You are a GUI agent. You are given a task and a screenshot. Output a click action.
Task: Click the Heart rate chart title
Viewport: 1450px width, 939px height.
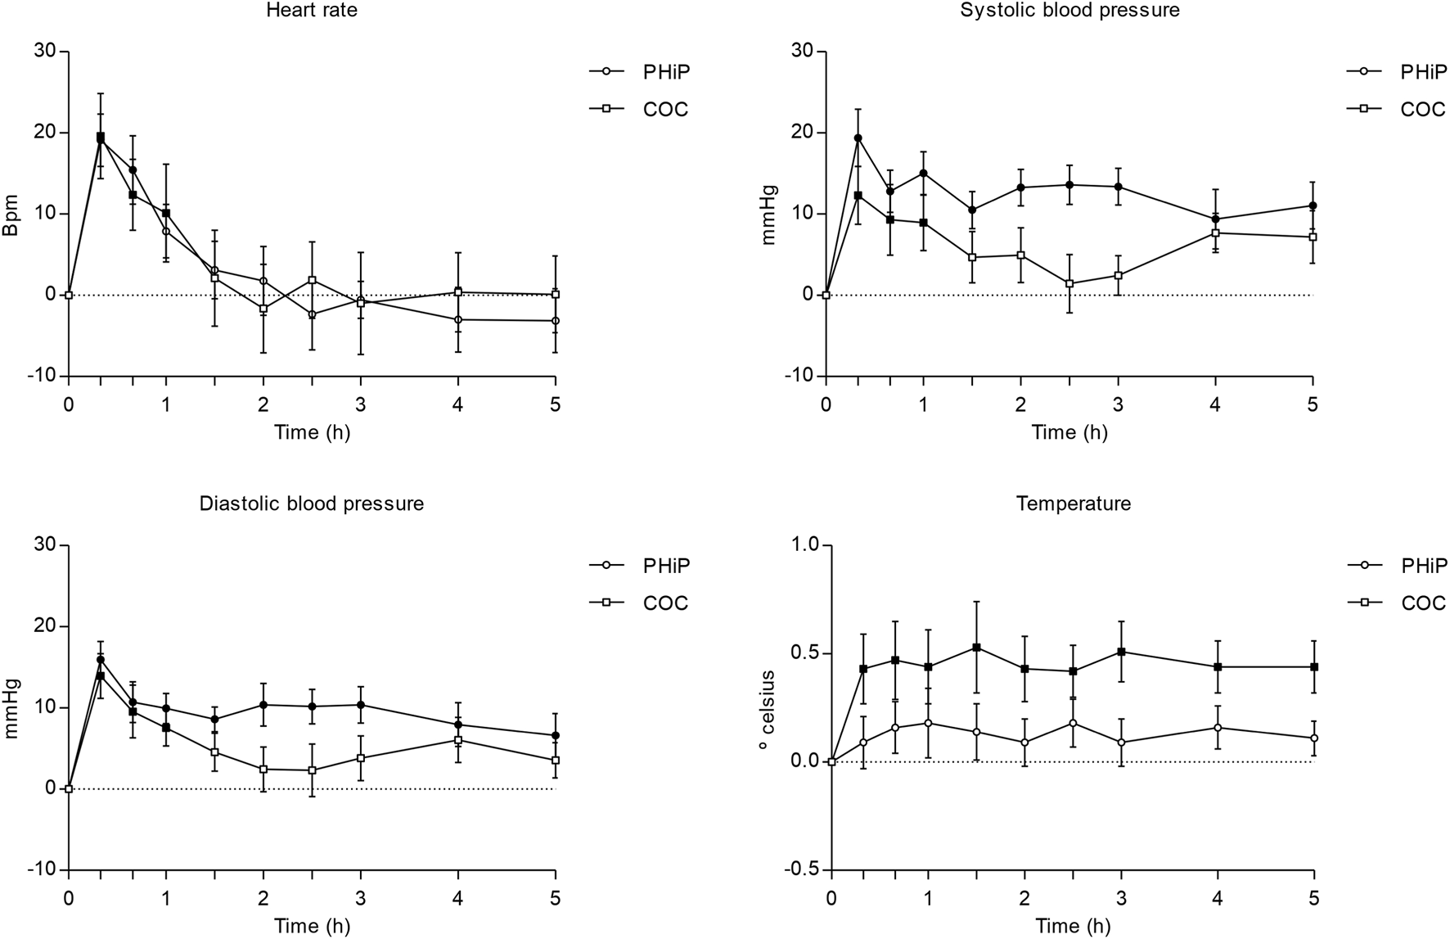pyautogui.click(x=312, y=11)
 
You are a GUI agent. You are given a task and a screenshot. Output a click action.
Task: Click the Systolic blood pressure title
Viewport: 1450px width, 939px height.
pyautogui.click(x=1069, y=11)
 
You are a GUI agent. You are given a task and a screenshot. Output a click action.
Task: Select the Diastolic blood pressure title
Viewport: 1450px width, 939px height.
pyautogui.click(x=312, y=503)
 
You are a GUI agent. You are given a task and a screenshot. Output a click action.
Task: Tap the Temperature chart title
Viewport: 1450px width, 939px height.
pyautogui.click(x=1074, y=503)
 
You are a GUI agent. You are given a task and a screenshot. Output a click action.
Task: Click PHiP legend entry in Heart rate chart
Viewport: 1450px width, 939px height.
pyautogui.click(x=665, y=71)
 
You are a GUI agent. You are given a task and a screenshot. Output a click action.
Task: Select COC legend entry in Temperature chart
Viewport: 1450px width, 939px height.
pyautogui.click(x=1423, y=603)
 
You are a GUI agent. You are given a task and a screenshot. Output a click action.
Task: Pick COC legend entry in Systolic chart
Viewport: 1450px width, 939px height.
pyautogui.click(x=1423, y=109)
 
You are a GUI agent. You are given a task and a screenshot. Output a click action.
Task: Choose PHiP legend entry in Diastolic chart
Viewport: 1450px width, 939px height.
pyautogui.click(x=665, y=566)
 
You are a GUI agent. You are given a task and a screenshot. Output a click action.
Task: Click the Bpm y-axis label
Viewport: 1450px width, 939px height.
pyautogui.click(x=11, y=214)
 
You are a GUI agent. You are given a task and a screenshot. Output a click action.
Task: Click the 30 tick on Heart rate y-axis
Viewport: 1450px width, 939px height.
pyautogui.click(x=46, y=52)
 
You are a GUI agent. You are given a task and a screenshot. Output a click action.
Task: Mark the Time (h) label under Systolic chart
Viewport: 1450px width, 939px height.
pyautogui.click(x=1069, y=432)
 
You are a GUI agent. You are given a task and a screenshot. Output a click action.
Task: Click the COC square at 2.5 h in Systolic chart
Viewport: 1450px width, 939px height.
pyautogui.click(x=1069, y=284)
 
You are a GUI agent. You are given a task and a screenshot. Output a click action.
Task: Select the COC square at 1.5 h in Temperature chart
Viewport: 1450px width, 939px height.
pyautogui.click(x=976, y=648)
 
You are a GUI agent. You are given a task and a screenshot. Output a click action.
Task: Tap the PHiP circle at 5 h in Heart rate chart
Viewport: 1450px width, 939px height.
pyautogui.click(x=556, y=321)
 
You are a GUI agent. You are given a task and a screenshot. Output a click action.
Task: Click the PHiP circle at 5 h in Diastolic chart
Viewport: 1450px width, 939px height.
pyautogui.click(x=556, y=736)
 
